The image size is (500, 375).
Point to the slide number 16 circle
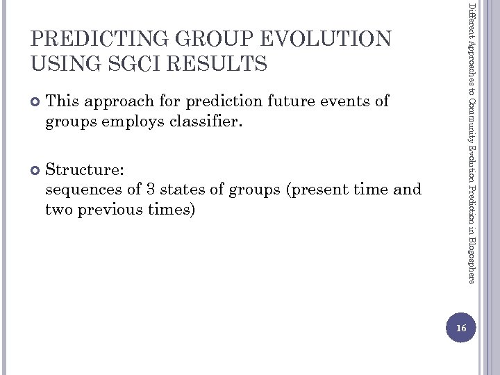(461, 327)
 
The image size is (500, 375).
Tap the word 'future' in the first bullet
(297, 101)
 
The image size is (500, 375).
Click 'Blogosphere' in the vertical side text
(472, 256)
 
